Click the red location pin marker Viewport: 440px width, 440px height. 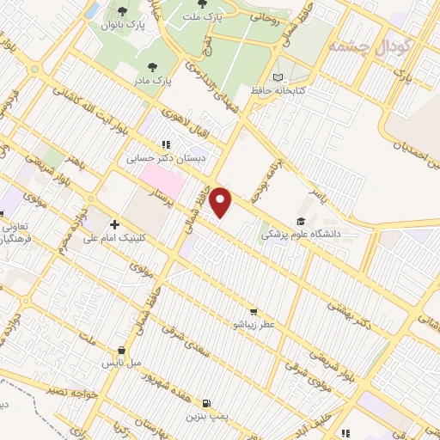coord(222,202)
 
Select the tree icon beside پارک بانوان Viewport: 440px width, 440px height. coord(122,11)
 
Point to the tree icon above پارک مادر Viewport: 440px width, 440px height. coord(153,66)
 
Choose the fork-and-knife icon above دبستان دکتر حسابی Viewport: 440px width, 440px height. coord(164,145)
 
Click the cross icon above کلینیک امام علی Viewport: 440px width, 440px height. coord(113,223)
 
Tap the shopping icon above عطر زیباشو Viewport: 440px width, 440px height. coord(253,311)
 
